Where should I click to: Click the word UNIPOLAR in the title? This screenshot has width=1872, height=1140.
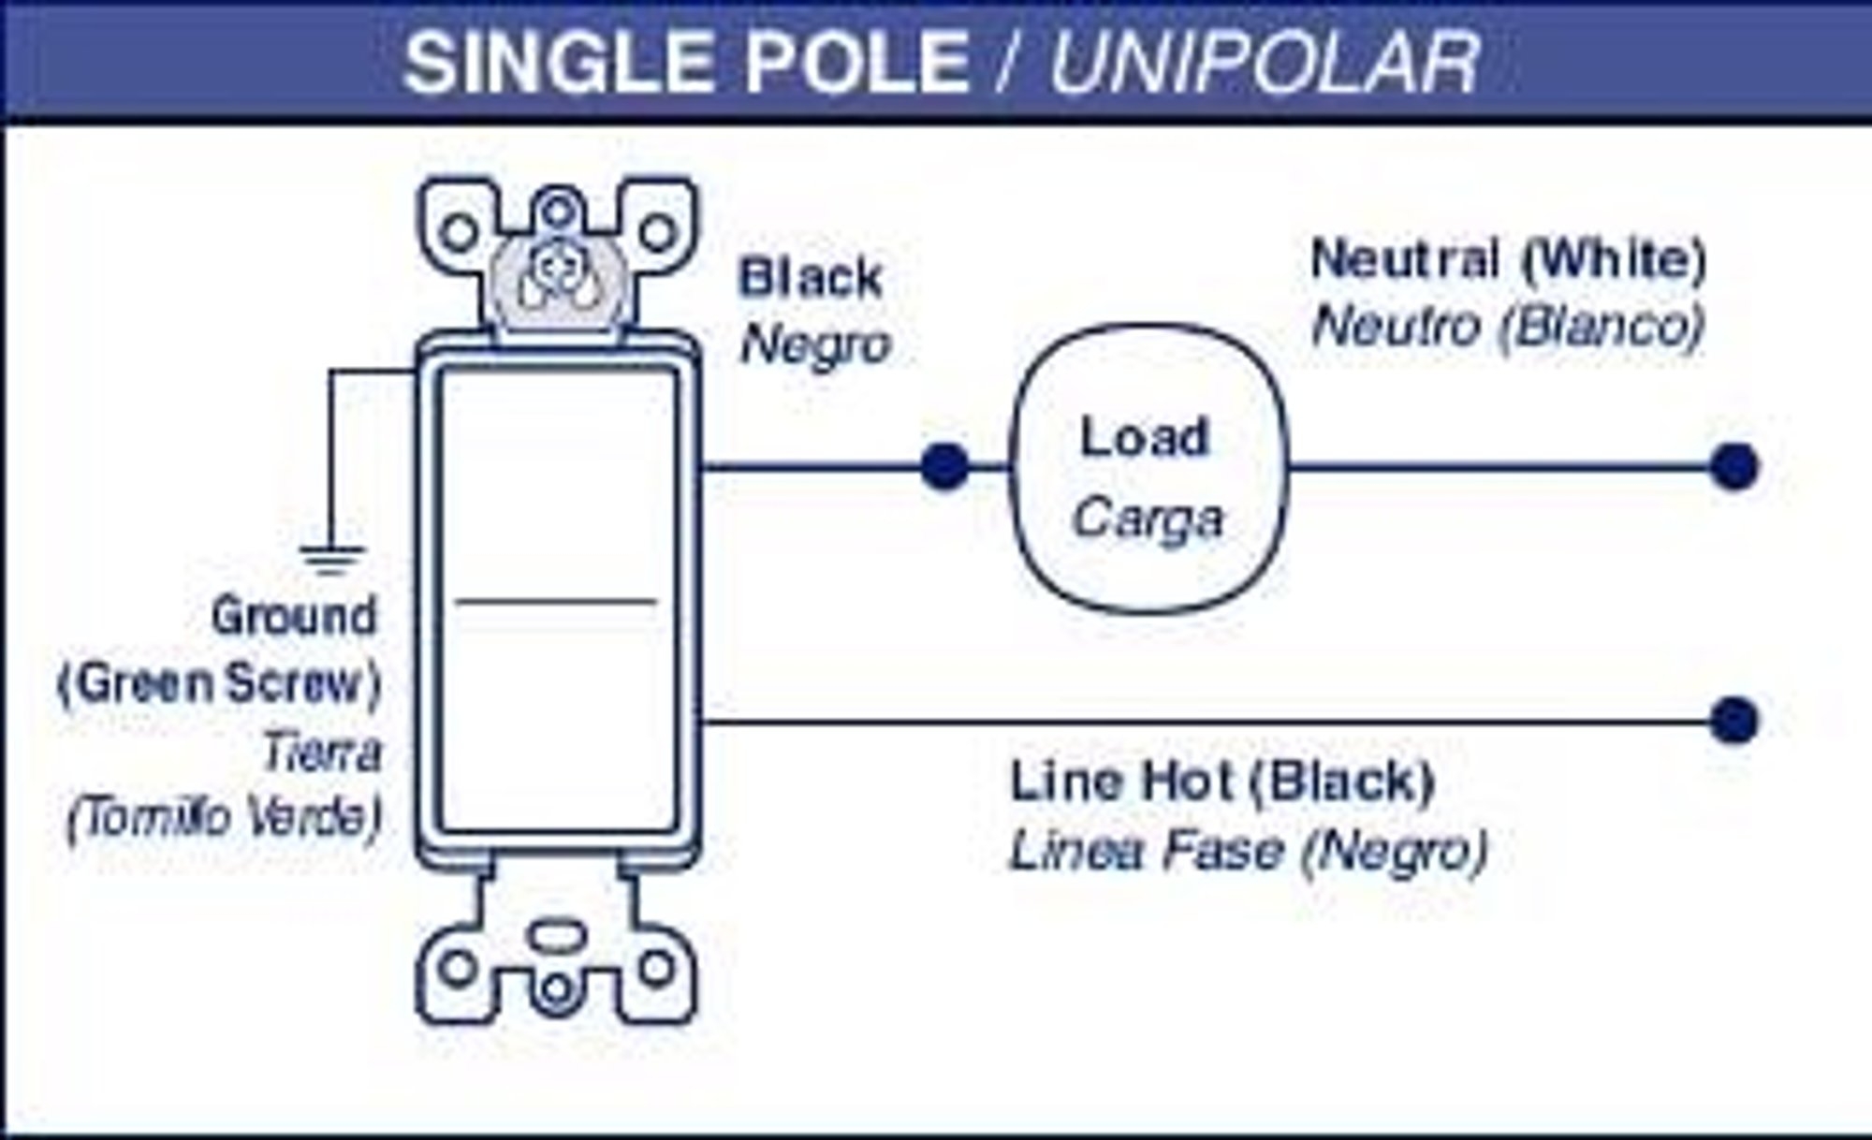[x=1264, y=62]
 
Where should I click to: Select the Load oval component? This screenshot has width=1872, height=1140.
[x=1149, y=468]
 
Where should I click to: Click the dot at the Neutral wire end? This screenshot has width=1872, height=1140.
[x=1733, y=466]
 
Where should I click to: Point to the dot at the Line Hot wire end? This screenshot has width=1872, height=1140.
[x=1733, y=721]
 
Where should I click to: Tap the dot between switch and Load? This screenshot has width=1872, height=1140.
[x=943, y=466]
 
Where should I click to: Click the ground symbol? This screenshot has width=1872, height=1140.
[x=330, y=558]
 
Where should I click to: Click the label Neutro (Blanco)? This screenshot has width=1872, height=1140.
[x=1507, y=327]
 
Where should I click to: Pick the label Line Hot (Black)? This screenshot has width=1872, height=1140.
[x=1222, y=782]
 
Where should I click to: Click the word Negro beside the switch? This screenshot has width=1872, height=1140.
[x=814, y=345]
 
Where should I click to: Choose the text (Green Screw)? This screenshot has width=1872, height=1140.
[x=220, y=683]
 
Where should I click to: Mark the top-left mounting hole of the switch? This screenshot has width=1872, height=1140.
[x=458, y=231]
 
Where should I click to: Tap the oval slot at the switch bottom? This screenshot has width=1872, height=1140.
[x=557, y=934]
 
